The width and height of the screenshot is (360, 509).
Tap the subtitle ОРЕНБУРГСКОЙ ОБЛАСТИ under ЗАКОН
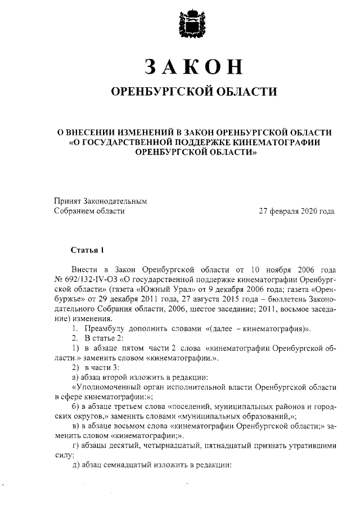193,91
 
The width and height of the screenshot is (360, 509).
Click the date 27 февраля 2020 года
296,211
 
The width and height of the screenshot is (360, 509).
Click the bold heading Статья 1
87,249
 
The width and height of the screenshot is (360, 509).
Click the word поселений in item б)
183,407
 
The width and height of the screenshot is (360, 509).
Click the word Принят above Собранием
67,201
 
